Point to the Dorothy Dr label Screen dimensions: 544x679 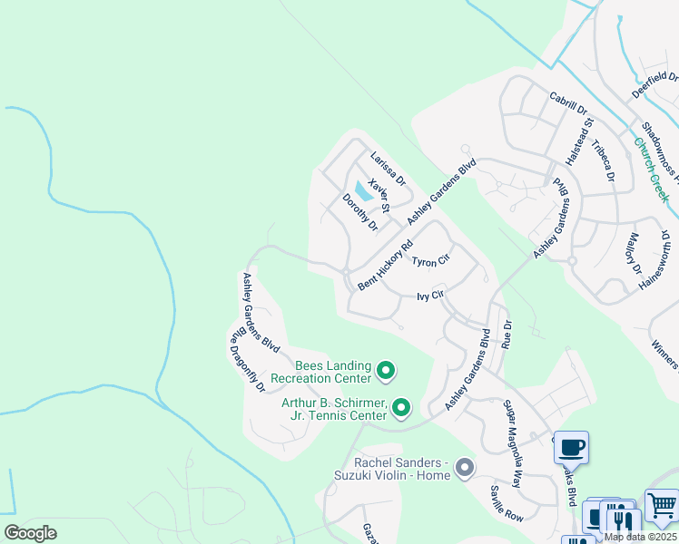(359, 212)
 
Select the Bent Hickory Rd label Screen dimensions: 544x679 (385, 265)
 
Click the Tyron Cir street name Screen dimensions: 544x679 (430, 262)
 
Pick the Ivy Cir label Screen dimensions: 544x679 (429, 296)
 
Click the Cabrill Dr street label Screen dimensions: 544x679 (569, 102)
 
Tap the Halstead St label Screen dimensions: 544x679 (579, 141)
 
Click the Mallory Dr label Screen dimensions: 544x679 (634, 257)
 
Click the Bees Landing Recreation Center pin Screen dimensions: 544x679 (385, 370)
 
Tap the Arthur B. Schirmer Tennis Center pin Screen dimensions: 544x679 (401, 409)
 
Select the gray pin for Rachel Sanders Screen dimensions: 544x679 (465, 468)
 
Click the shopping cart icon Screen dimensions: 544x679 (662, 504)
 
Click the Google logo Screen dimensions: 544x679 (30, 533)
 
